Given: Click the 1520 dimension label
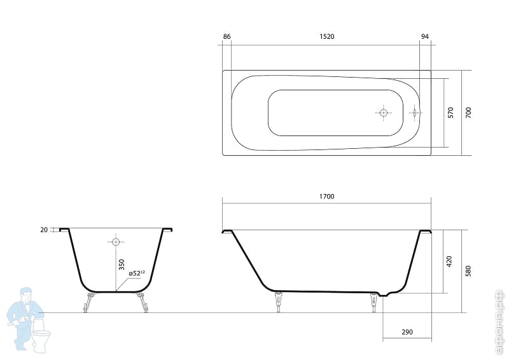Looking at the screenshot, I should (326, 37).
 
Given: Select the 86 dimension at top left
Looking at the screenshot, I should (227, 37).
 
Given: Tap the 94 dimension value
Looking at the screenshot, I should (424, 37).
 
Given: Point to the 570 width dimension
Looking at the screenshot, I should (450, 113).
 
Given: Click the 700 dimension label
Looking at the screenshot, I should (468, 113).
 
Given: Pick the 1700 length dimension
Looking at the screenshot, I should (326, 197).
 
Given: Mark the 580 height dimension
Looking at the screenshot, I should (468, 271).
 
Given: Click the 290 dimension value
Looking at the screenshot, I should (407, 333).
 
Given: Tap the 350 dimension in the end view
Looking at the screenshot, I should (120, 266).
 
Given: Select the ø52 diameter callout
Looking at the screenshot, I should (136, 273).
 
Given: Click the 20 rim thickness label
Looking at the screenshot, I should (44, 230).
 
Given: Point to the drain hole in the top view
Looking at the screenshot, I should (383, 113).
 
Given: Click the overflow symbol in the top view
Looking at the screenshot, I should (414, 113).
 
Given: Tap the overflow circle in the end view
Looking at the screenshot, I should (116, 242).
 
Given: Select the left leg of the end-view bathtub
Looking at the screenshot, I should (86, 303).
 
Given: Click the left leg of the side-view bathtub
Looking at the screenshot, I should (277, 301).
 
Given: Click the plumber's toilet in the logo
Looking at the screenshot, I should (41, 338).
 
